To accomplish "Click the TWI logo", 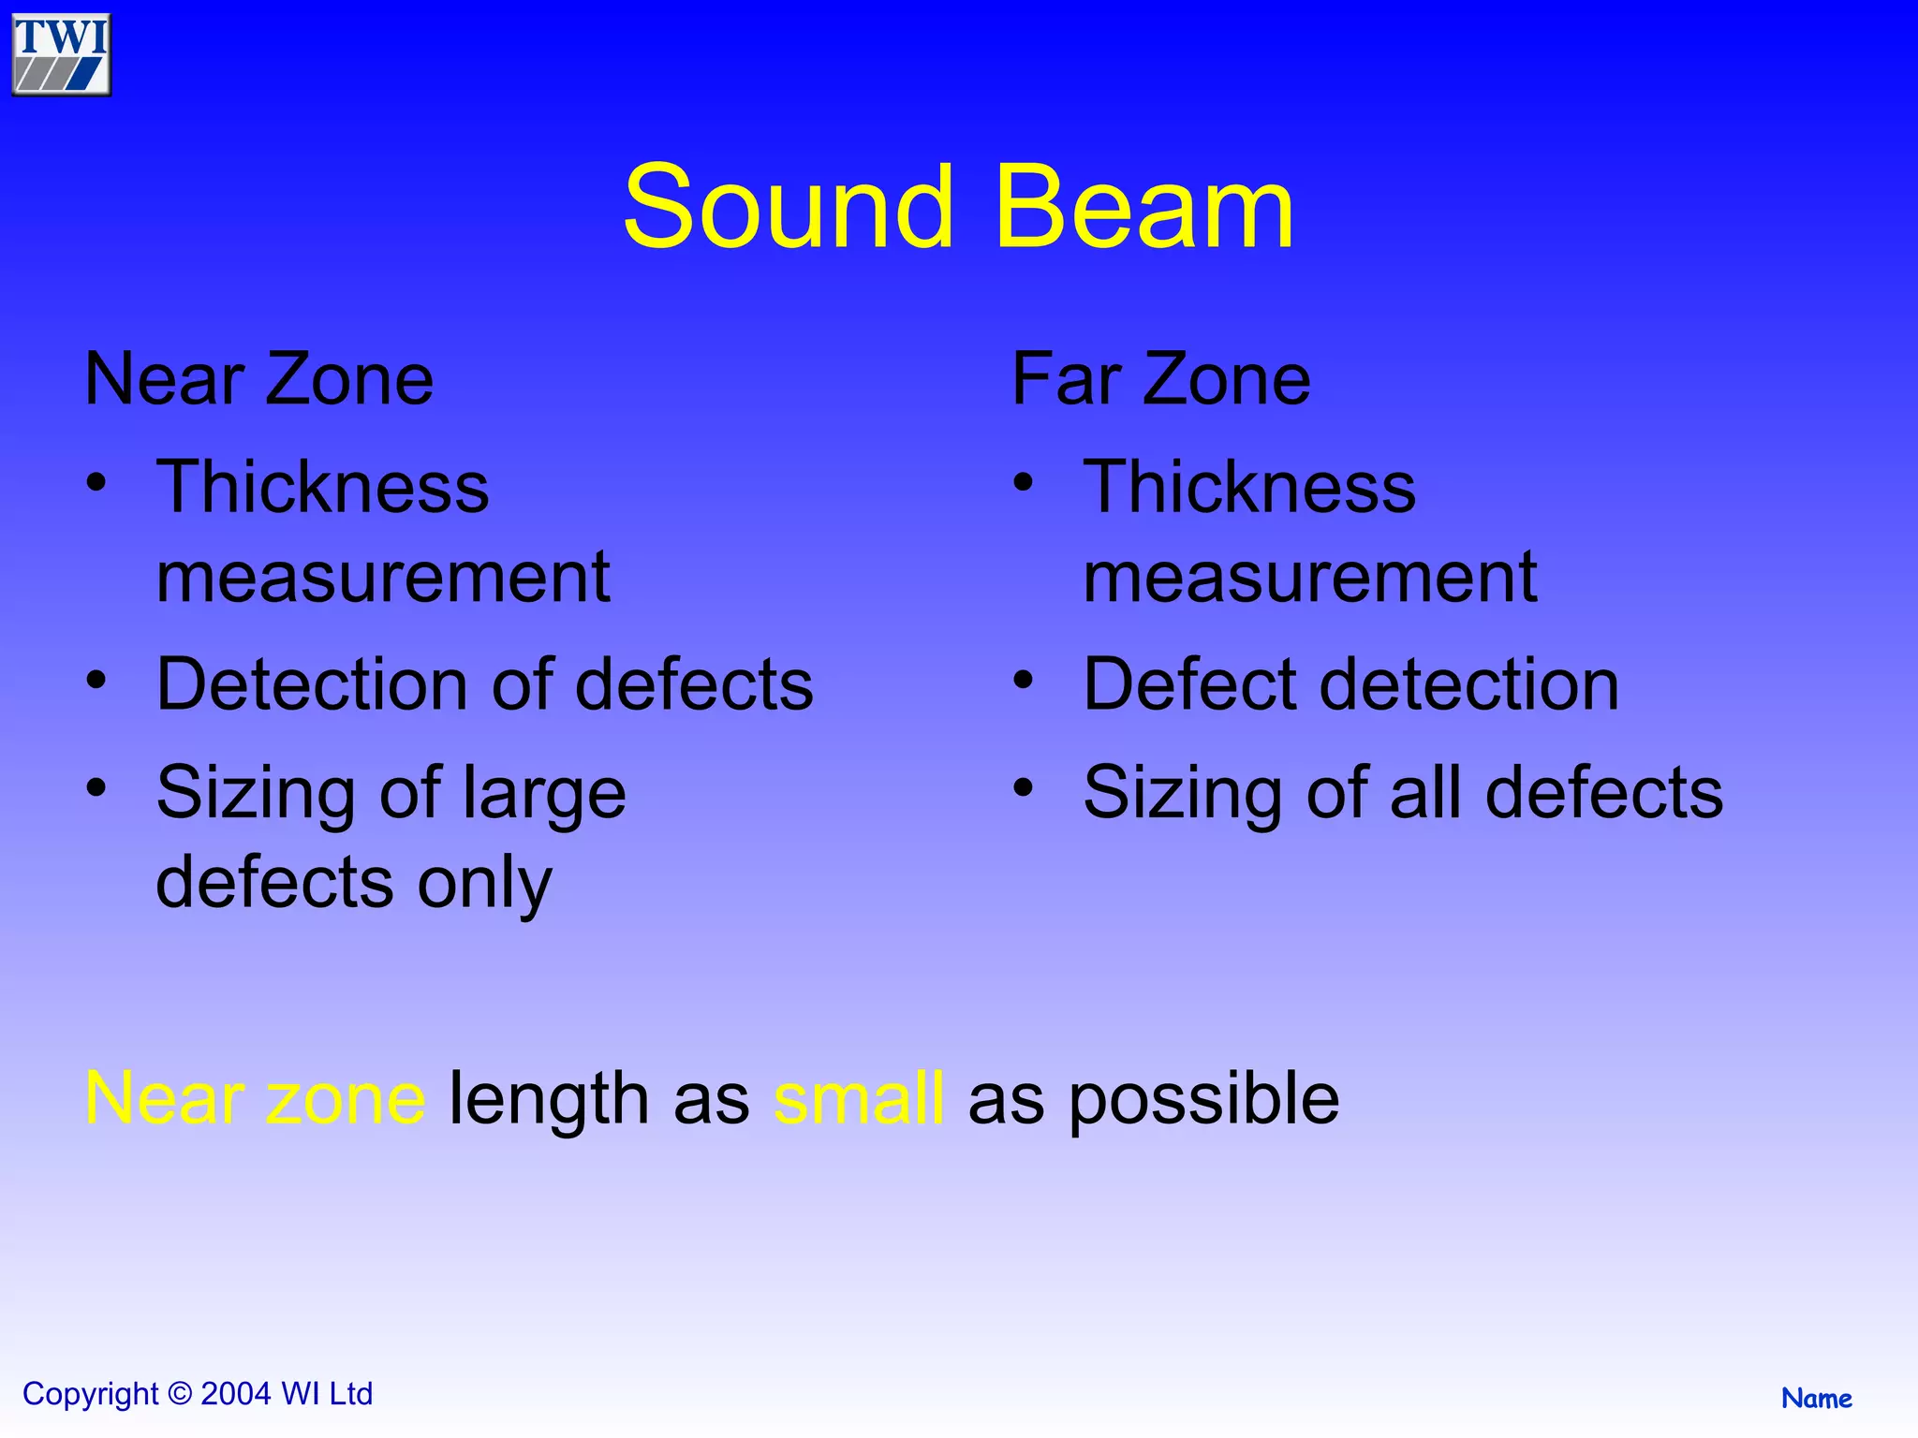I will [x=62, y=54].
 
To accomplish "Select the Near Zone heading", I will [x=258, y=379].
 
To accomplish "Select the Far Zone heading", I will [x=1160, y=379].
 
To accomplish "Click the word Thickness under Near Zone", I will [x=322, y=487].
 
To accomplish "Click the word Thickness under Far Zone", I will [x=1249, y=487].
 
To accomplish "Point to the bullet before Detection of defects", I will [x=96, y=679].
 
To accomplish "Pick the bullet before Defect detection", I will [x=1024, y=679].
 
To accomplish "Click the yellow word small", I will [x=859, y=1098].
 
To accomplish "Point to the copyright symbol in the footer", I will [x=180, y=1394].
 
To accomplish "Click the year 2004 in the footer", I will [x=236, y=1394].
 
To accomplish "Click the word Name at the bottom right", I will [x=1816, y=1399].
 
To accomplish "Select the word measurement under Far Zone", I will [x=1309, y=577].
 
